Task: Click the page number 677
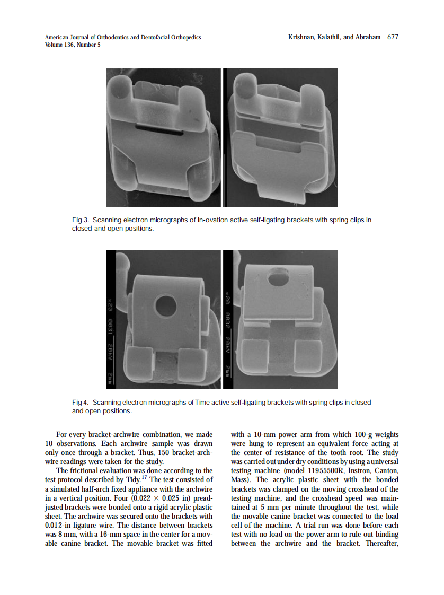(x=393, y=37)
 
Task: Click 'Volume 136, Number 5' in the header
(x=73, y=45)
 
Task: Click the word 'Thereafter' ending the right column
(x=382, y=543)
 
